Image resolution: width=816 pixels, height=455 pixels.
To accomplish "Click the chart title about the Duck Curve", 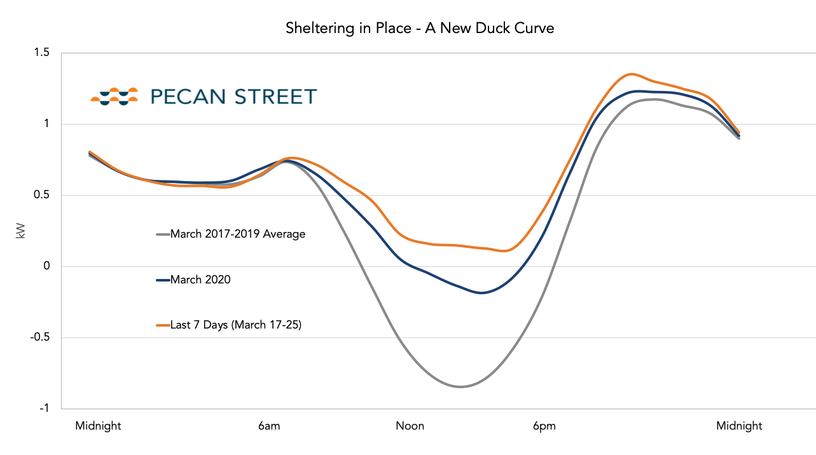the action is pos(420,29).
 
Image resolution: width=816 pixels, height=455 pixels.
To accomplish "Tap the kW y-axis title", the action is pos(21,231).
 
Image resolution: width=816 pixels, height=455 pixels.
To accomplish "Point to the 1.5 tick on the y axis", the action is pos(41,52).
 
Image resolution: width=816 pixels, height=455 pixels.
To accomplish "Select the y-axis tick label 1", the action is pos(46,124).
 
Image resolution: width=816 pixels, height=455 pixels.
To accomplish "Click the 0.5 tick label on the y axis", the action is pos(41,194).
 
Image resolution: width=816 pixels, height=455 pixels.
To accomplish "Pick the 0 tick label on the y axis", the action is pos(46,266).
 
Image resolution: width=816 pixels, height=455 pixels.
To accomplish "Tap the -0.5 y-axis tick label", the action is pos(39,337).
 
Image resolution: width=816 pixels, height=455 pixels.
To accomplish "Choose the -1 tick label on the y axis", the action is pos(44,409).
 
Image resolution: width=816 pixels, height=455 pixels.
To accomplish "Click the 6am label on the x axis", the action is pos(269,426).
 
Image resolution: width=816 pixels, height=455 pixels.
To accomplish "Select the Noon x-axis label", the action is pos(410,426).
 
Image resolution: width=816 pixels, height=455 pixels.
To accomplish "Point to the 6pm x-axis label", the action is pos(544,426).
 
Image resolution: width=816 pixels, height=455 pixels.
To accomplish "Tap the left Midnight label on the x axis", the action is pos(98,426).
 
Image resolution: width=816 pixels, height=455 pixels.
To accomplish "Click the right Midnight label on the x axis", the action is pos(739,426).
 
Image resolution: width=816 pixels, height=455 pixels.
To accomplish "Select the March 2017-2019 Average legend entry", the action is pos(231,234).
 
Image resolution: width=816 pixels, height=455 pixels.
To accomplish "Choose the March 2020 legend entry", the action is pos(193,280).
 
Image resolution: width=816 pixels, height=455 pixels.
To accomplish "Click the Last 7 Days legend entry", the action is pos(229,325).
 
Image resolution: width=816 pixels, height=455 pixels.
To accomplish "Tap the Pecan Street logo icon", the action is pos(114,97).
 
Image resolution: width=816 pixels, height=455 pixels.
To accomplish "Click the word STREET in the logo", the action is pos(275,97).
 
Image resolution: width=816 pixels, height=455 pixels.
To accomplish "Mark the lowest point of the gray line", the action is pos(460,386).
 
